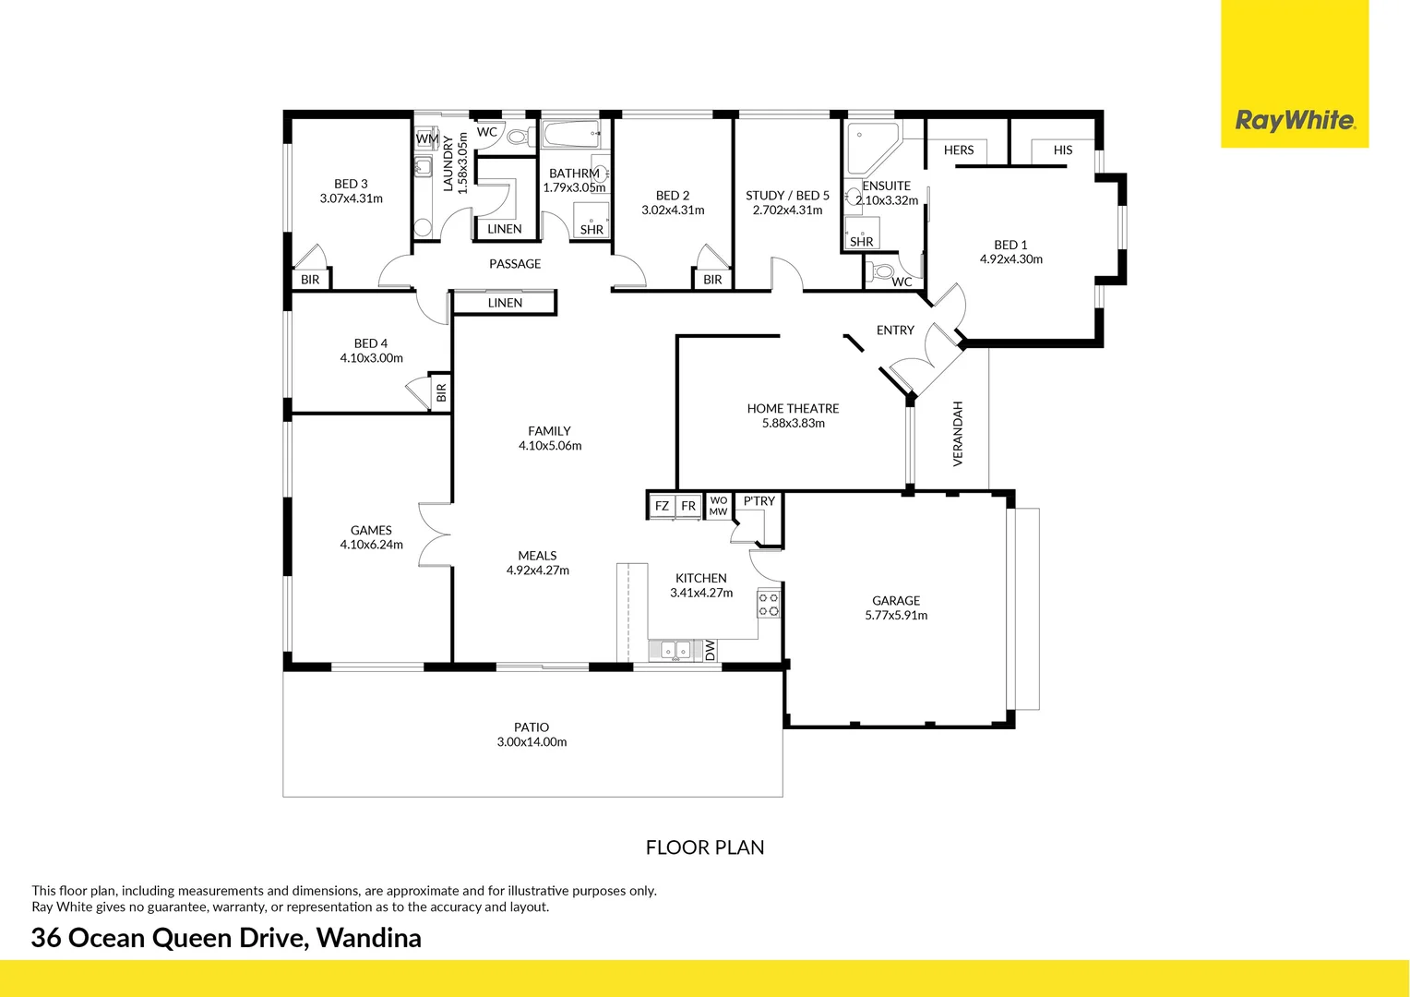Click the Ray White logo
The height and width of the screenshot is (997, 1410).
coord(1295,120)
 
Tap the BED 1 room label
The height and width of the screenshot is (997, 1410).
coord(1010,245)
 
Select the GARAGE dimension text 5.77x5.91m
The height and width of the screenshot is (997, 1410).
coord(896,616)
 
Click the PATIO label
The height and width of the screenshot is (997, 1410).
coord(532,727)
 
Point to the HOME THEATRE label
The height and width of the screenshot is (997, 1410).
coord(793,408)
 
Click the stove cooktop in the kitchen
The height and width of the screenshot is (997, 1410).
coord(769,605)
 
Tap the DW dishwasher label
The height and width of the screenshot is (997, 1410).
coord(710,650)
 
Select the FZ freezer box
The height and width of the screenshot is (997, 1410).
coord(662,506)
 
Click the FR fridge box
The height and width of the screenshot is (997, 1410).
coord(688,506)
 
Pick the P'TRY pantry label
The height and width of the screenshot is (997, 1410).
coord(759,501)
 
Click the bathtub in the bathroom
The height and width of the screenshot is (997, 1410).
coord(572,135)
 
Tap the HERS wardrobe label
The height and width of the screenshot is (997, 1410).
coord(959,150)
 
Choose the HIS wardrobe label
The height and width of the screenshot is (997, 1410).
coord(1063,150)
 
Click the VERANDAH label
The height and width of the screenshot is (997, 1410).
coord(958,433)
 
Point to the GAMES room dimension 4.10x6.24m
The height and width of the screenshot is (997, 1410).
coord(371,545)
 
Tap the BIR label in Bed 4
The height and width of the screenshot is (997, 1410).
coord(441,393)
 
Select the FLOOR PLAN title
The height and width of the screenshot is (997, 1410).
coord(705,847)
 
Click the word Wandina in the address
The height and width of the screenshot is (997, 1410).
coord(369,938)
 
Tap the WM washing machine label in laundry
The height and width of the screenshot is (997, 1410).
coord(427,139)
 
